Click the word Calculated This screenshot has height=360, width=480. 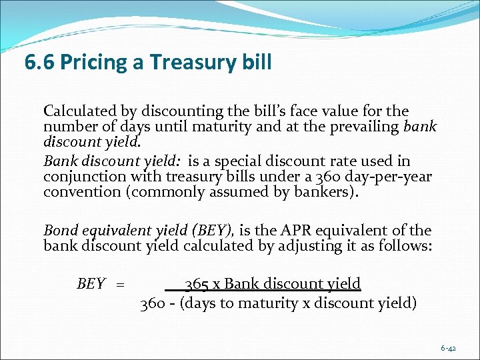click(80, 111)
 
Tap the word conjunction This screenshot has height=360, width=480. click(83, 177)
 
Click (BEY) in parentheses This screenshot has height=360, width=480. click(213, 231)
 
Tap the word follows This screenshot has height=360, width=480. click(407, 246)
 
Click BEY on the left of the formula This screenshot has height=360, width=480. click(91, 285)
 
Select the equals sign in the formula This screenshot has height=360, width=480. click(121, 285)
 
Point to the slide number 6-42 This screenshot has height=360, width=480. click(448, 348)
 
